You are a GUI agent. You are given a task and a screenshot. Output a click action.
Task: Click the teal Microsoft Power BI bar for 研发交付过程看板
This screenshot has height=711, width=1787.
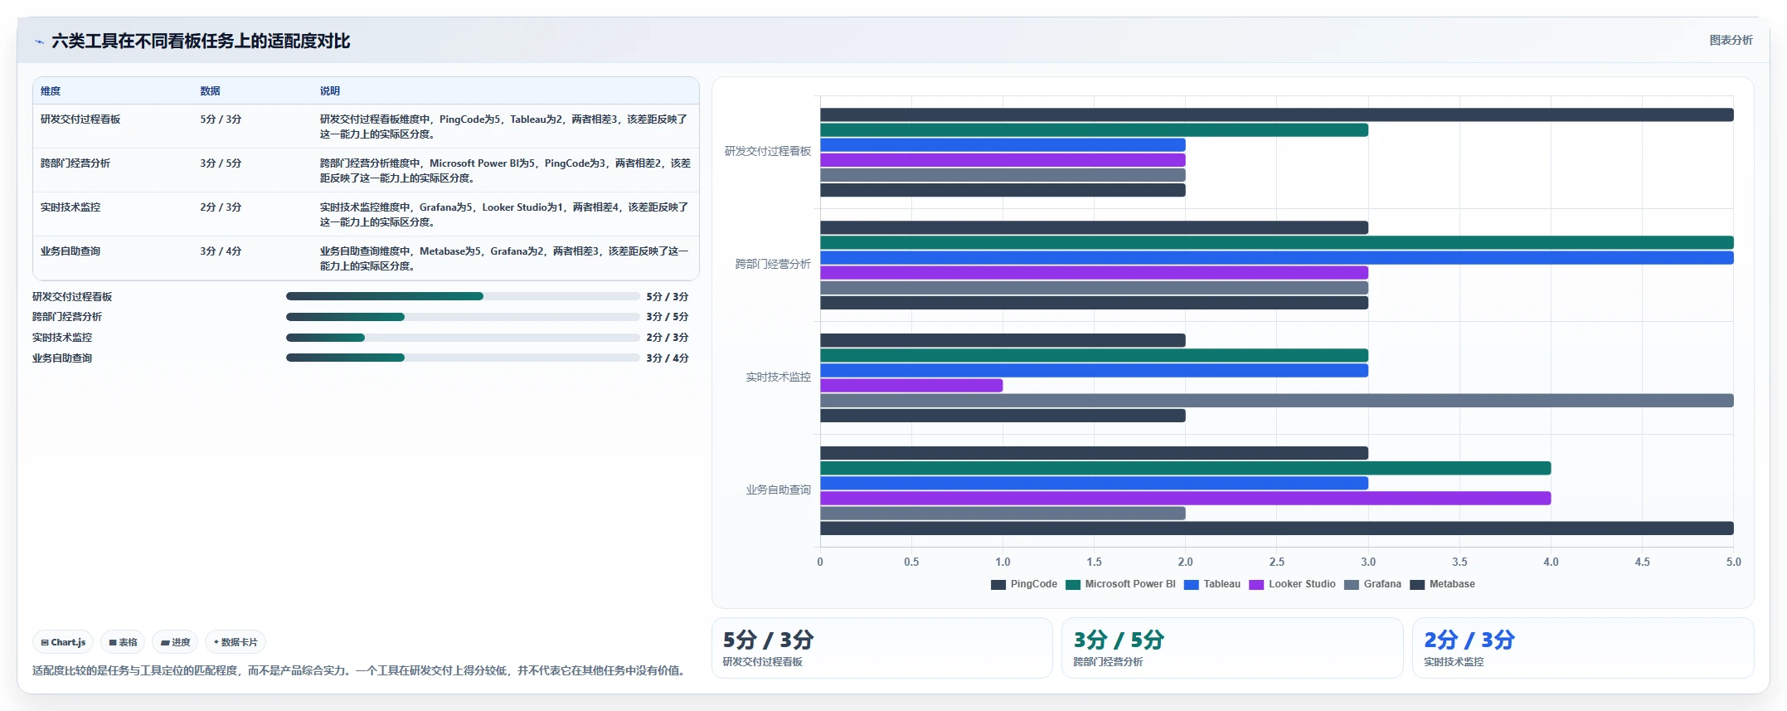tap(1094, 130)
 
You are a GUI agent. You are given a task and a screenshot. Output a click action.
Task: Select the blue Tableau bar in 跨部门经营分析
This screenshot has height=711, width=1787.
tap(1277, 258)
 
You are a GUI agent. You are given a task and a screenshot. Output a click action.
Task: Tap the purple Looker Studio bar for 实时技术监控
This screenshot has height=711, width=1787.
tap(911, 386)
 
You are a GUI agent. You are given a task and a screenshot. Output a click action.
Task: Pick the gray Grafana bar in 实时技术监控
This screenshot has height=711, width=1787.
tap(1277, 401)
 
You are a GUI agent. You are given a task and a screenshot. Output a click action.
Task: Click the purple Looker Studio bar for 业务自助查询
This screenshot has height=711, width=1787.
tap(1185, 499)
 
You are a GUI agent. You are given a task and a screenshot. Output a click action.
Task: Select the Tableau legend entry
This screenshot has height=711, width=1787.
tap(1212, 584)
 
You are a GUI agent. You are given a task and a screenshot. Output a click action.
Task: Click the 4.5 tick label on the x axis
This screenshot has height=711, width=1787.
tap(1642, 562)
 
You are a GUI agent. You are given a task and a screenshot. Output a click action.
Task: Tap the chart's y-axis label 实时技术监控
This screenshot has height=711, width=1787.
tap(778, 377)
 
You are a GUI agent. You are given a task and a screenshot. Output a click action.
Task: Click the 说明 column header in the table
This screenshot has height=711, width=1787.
tap(330, 91)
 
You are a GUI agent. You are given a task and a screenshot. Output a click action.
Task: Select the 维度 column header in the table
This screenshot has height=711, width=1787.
tap(51, 91)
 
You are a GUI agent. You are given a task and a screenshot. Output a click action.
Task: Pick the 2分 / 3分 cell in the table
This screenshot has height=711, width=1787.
tap(221, 207)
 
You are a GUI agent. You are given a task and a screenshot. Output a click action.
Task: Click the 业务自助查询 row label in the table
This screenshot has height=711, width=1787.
tap(70, 251)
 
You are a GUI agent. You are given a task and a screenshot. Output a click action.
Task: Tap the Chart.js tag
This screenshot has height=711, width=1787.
tap(63, 642)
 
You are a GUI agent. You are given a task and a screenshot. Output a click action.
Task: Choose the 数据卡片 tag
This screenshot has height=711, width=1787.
tap(236, 642)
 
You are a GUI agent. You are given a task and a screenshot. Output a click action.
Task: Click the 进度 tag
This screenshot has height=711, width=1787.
tap(175, 642)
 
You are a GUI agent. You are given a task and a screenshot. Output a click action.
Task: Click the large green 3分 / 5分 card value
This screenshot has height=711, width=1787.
tap(1119, 640)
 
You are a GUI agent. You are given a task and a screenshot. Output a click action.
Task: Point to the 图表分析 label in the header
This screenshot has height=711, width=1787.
tap(1731, 40)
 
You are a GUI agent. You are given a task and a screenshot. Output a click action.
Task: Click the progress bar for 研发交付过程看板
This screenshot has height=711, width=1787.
tap(463, 296)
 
